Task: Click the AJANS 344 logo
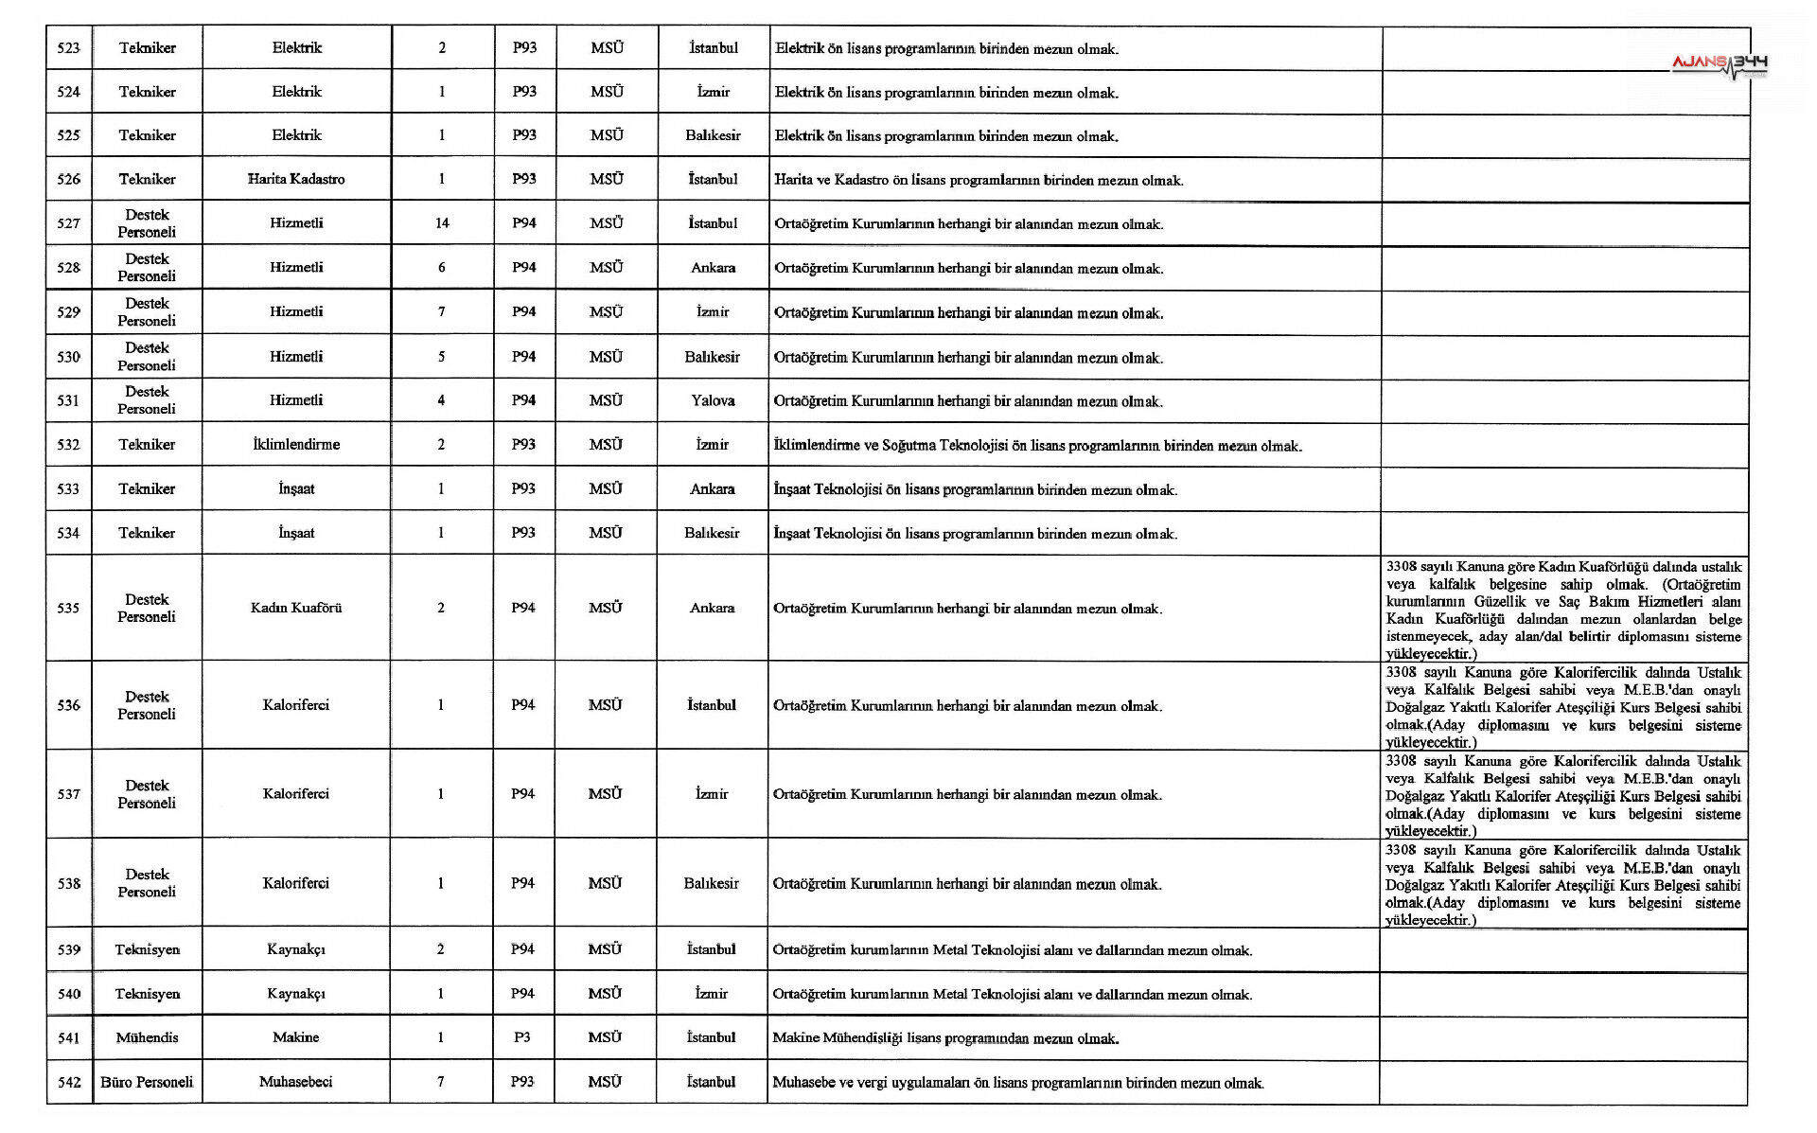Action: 1719,64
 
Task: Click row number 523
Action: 69,48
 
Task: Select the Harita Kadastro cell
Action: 296,179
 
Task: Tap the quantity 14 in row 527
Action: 442,223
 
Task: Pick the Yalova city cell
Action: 713,400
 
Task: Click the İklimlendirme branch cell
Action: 296,444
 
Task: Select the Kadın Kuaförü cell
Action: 296,608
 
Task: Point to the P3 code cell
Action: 522,1037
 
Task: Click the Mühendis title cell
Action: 147,1037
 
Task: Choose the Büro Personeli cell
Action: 147,1082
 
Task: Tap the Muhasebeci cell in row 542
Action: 296,1082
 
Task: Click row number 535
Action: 69,608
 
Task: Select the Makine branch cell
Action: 296,1037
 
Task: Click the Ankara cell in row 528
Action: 713,268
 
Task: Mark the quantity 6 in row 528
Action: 442,268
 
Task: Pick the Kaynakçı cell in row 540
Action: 296,994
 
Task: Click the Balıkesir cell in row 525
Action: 713,135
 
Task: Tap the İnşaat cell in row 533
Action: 296,488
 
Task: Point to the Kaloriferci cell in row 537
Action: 296,794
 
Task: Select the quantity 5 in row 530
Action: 442,357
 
